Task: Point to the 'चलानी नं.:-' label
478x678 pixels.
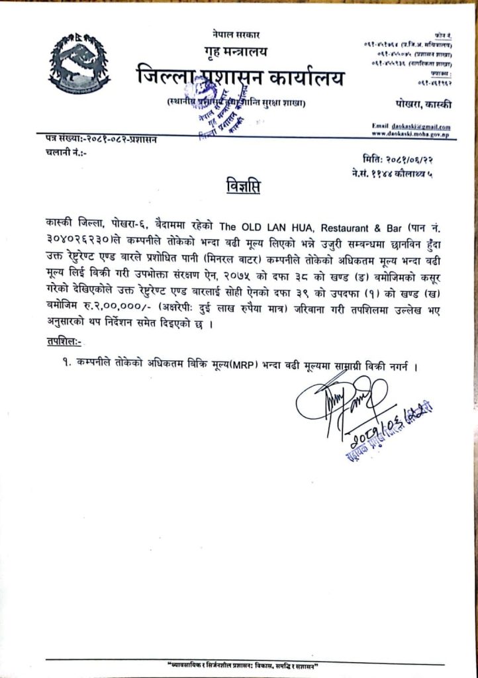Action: (x=67, y=152)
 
